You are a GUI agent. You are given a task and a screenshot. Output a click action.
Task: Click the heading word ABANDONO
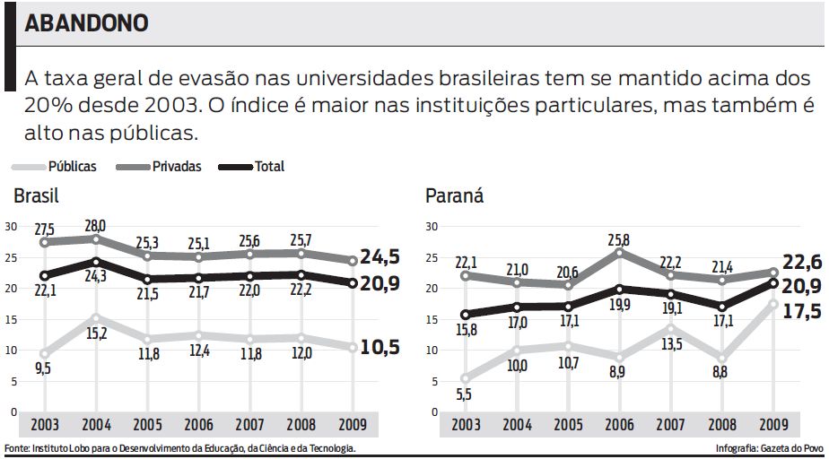click(86, 24)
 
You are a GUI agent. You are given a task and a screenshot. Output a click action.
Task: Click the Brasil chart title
click(36, 196)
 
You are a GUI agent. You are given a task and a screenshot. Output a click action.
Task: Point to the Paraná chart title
click(454, 196)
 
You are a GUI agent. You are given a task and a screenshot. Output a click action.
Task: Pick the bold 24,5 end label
click(380, 256)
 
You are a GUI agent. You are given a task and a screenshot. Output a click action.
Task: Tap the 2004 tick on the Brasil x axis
click(96, 426)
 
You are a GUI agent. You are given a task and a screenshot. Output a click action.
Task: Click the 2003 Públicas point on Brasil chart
click(45, 353)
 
